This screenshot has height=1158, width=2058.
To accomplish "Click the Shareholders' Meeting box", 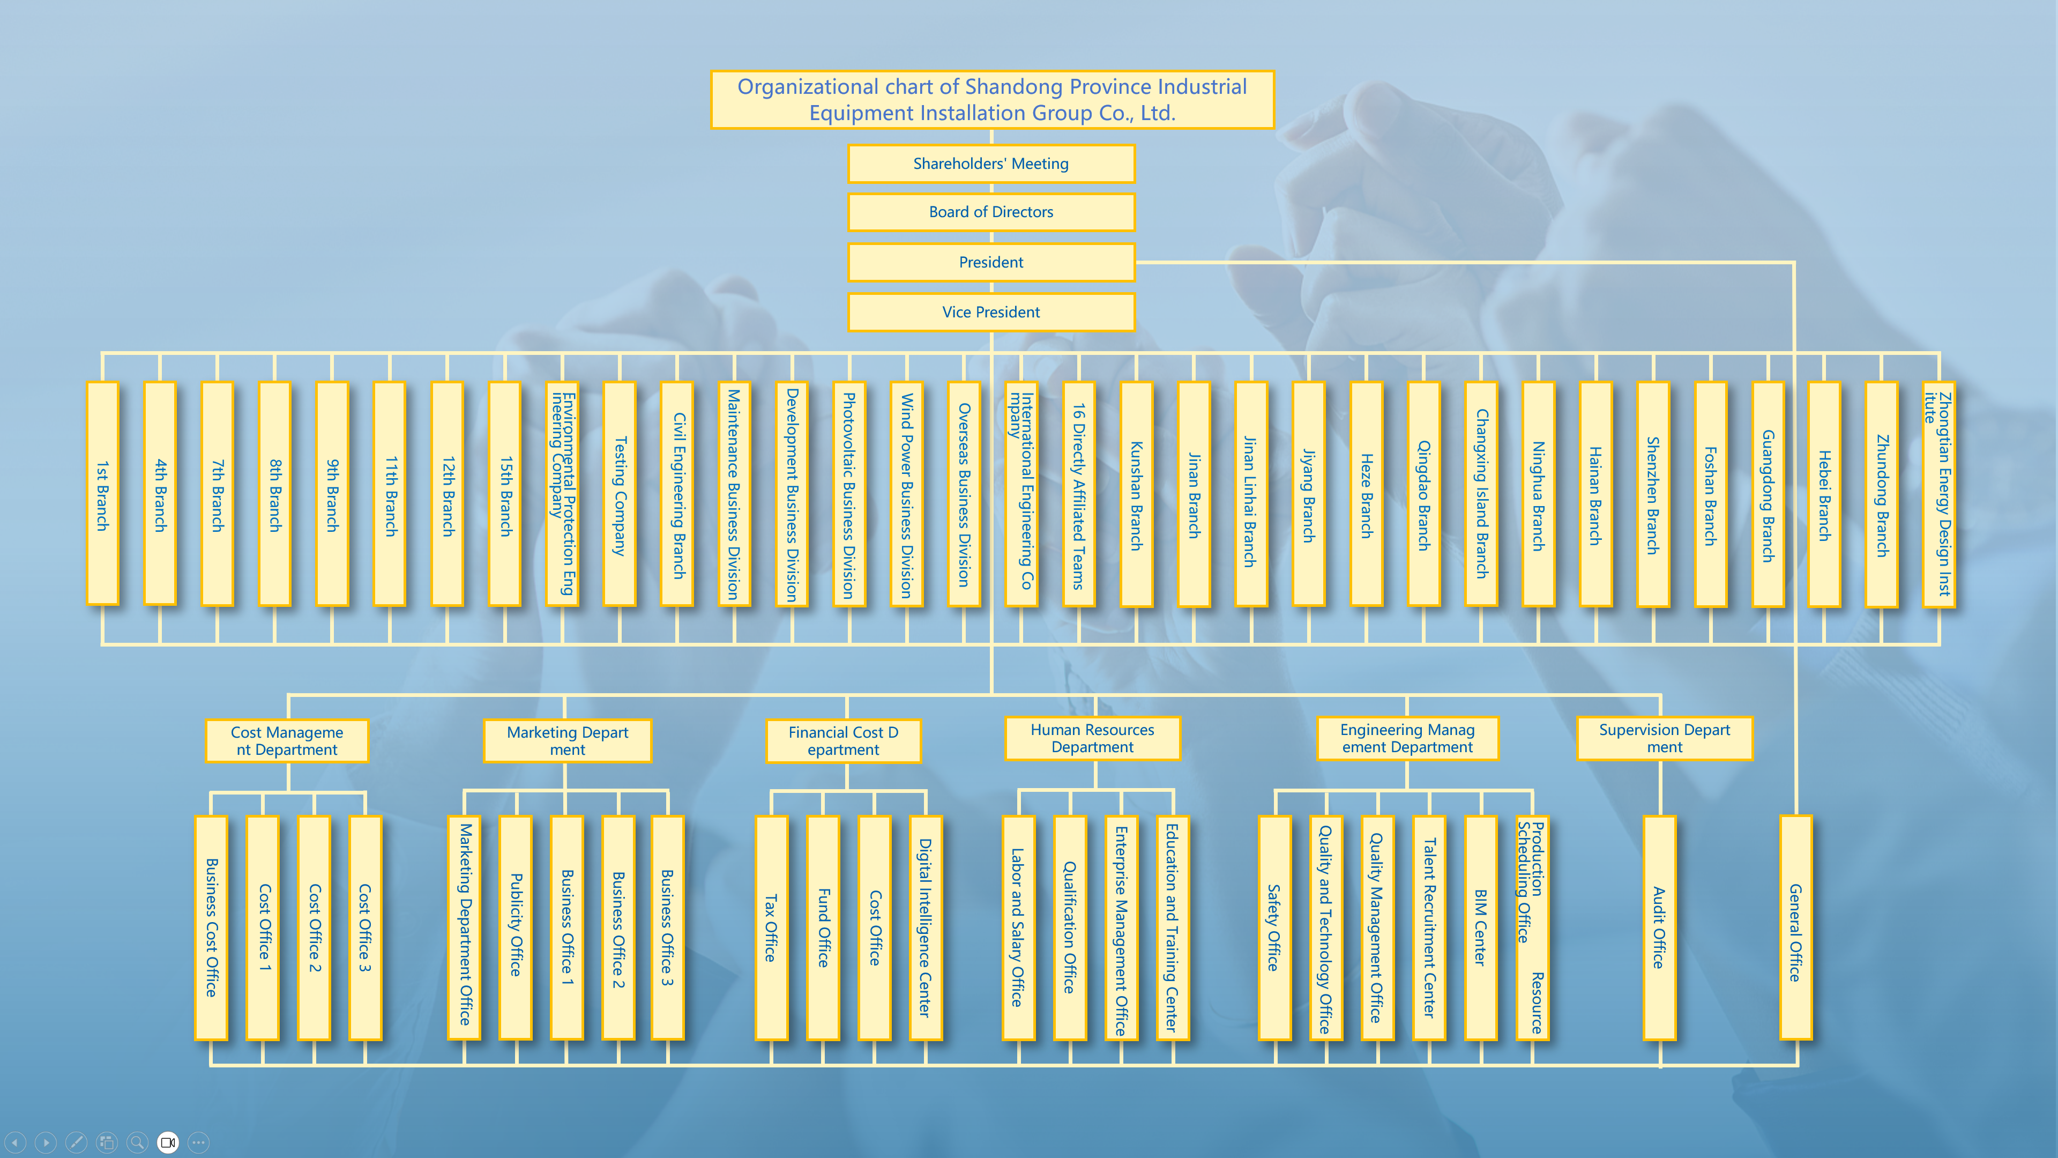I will coord(990,164).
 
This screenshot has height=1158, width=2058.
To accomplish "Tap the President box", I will coord(990,262).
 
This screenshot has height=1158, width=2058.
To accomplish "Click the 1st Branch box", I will coord(102,494).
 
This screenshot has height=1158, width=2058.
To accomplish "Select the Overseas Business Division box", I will coord(964,494).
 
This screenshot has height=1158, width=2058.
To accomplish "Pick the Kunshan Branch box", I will coord(1136,494).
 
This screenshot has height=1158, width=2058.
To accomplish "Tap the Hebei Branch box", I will coord(1825,494).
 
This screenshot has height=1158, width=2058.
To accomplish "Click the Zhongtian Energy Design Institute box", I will coord(1939,494).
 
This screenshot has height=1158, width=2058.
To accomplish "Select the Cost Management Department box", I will coord(287,741).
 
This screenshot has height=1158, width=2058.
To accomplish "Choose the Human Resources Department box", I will coord(1092,738).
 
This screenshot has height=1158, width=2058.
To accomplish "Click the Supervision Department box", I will coord(1664,738).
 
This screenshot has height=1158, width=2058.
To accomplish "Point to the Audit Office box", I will coord(1659,927).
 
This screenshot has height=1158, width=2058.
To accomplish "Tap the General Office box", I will coord(1795,927).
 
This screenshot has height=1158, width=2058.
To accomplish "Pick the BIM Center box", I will coord(1480,927).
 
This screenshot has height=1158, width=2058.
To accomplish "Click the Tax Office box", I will coord(771,927).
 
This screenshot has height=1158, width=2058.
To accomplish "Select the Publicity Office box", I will coord(515,927).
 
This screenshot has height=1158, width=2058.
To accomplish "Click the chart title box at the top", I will coord(991,100).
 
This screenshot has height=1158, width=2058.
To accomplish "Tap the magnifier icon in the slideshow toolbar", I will coord(137,1142).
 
